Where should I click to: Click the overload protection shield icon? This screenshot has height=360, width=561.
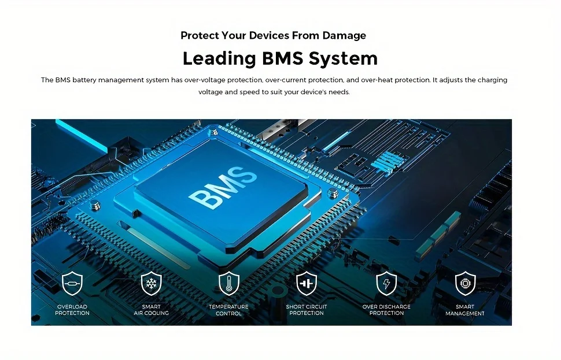click(72, 283)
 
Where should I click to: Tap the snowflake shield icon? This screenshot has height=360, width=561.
click(152, 283)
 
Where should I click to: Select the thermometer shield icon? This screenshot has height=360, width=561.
click(229, 283)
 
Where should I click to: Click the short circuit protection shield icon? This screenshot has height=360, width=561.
click(307, 283)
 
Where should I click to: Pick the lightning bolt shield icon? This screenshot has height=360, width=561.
click(386, 283)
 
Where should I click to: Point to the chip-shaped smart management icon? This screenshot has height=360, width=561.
click(465, 283)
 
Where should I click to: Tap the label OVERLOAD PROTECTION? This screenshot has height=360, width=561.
click(72, 310)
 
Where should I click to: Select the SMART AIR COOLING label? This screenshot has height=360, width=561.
click(152, 310)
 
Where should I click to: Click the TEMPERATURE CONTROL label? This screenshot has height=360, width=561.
click(228, 310)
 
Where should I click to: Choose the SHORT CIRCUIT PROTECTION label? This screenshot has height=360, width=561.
click(307, 310)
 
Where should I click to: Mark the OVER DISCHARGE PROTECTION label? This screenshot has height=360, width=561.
click(386, 310)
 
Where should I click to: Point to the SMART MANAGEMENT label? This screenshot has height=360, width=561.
click(465, 310)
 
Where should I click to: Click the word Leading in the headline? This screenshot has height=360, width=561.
click(219, 58)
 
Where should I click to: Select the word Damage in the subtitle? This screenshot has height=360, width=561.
click(344, 36)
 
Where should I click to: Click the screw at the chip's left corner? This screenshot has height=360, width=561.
click(95, 205)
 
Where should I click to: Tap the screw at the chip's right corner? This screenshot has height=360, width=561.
click(333, 194)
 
